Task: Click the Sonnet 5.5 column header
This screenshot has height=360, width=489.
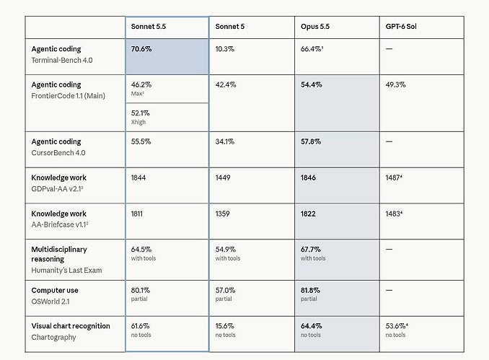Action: (149, 27)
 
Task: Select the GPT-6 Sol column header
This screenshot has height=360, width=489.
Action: (401, 27)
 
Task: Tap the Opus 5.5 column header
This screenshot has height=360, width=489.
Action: (315, 27)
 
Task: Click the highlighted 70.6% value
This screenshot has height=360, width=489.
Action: (141, 49)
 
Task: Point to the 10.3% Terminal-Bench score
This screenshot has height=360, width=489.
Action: (225, 49)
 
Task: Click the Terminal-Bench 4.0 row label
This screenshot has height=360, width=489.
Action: (62, 60)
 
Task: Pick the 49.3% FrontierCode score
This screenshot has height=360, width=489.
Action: (395, 84)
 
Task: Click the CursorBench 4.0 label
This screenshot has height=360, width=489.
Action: (58, 152)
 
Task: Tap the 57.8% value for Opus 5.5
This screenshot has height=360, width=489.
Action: (311, 141)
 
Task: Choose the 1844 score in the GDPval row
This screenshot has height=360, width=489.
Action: (138, 177)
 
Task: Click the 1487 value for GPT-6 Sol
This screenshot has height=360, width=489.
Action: (393, 177)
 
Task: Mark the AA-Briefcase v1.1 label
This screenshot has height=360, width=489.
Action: (59, 224)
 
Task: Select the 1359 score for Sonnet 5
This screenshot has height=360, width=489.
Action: (222, 214)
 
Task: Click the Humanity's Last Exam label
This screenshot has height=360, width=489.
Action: (66, 270)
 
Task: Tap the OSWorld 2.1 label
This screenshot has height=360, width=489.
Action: (50, 302)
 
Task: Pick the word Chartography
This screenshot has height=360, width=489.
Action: (53, 337)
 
